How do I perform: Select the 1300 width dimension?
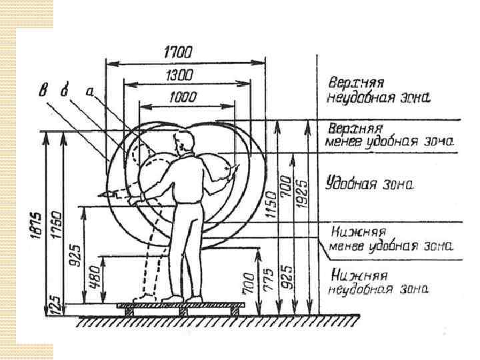click(177, 74)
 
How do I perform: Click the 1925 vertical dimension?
click(303, 193)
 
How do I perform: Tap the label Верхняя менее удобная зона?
click(388, 134)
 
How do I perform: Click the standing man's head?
click(182, 142)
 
